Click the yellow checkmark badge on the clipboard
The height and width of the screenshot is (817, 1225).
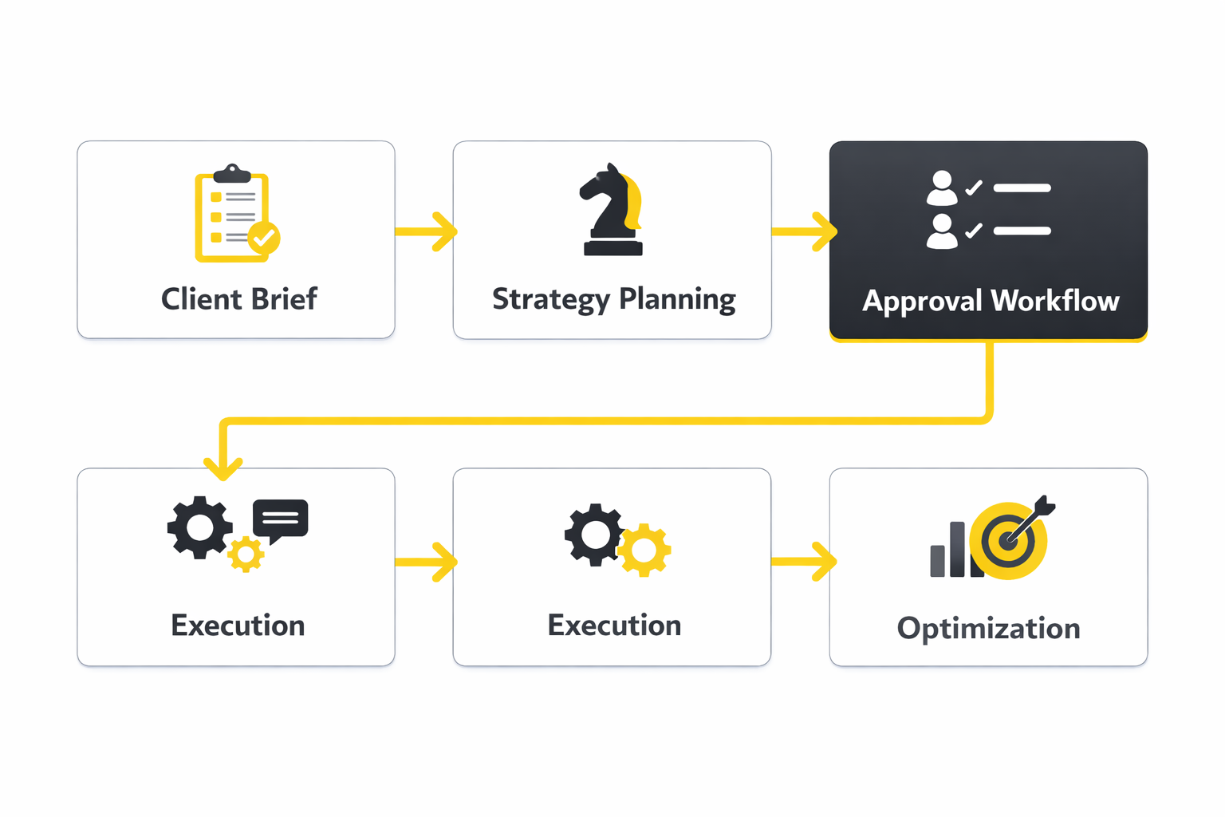point(263,238)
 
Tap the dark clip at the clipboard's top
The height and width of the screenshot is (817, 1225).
point(232,173)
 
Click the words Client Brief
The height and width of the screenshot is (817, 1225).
point(238,299)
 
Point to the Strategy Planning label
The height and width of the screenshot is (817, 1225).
point(613,299)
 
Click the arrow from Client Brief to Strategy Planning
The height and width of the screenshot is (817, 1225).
point(427,231)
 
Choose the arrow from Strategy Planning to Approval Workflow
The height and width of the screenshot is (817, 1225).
point(804,231)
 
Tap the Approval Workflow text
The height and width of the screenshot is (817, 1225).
point(991,301)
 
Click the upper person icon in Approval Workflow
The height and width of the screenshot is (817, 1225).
point(942,188)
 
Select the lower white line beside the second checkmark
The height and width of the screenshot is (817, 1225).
point(1022,231)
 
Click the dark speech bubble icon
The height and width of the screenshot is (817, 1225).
point(280,519)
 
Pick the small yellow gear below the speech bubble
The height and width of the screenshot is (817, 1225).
point(246,554)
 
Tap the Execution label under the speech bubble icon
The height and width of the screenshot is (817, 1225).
point(238,626)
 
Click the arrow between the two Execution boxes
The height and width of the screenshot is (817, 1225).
point(427,562)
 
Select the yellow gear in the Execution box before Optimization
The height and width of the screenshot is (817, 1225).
point(644,550)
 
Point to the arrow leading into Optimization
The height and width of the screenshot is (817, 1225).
point(804,562)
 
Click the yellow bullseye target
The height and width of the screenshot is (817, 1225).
point(1009,541)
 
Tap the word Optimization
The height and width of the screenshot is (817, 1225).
point(988,629)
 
